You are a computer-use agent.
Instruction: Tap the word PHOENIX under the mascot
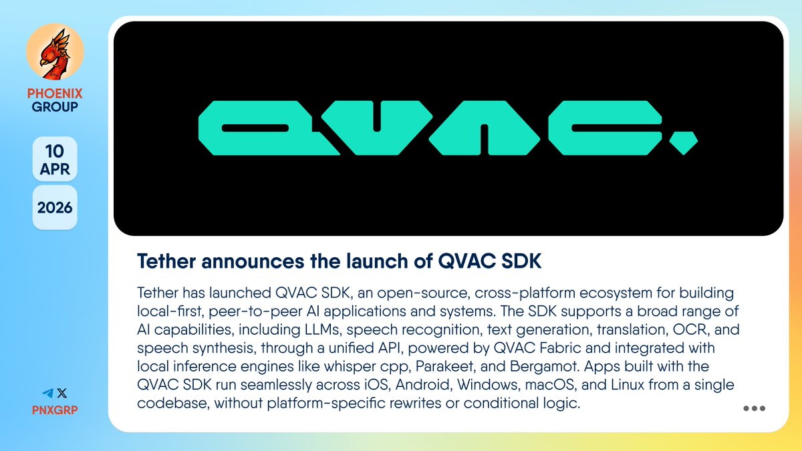click(55, 94)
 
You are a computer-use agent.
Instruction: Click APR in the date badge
click(55, 169)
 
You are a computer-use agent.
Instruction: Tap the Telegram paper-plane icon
click(47, 394)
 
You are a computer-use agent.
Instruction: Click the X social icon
click(61, 394)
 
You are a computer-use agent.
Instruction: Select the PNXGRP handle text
click(55, 409)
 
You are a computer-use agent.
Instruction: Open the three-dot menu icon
click(754, 409)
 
